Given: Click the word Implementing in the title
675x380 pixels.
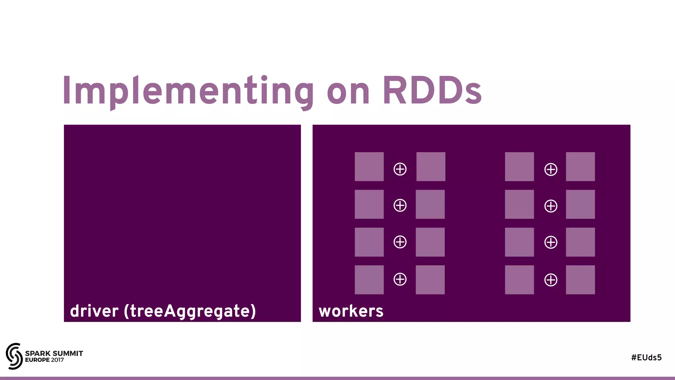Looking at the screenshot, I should click(188, 91).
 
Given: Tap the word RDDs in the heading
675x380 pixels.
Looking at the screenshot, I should click(432, 91).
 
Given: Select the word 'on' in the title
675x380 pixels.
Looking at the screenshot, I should click(348, 93).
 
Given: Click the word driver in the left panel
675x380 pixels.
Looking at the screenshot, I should click(94, 311).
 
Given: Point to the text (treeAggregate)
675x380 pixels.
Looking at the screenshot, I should click(190, 311).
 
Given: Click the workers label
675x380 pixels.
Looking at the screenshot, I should click(351, 311).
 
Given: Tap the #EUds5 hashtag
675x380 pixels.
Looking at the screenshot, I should click(646, 358).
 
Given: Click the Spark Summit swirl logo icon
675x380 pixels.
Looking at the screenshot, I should click(14, 356).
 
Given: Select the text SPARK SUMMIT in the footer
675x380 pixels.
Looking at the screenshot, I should click(54, 353).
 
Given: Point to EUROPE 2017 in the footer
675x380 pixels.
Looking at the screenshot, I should click(44, 360).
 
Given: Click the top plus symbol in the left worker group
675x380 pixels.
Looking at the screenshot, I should click(400, 169).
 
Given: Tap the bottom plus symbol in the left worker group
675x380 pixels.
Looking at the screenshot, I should click(400, 279).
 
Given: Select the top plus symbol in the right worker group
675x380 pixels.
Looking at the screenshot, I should click(551, 170).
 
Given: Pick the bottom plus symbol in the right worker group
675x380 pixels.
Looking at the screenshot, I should click(551, 280).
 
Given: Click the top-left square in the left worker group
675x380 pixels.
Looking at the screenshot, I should click(369, 167).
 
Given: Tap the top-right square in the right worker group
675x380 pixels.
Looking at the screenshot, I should click(580, 167).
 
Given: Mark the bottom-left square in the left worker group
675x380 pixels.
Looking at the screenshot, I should click(369, 280).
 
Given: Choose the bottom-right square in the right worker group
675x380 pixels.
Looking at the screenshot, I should click(580, 280).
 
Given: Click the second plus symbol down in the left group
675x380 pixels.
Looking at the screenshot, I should click(400, 206).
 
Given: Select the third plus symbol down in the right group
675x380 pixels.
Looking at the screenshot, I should click(551, 242).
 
